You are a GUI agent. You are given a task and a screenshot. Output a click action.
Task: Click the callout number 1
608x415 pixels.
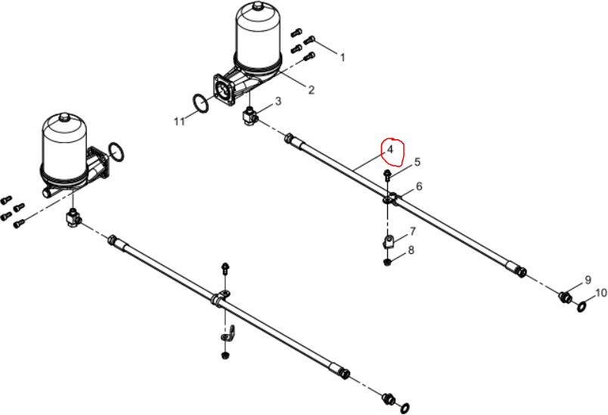pyautogui.click(x=343, y=57)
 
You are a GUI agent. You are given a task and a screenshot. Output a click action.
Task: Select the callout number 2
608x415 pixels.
pyautogui.click(x=311, y=90)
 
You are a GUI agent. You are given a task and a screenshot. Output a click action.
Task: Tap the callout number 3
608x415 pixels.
pyautogui.click(x=278, y=101)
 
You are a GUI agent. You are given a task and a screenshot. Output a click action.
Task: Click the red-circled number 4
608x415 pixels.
pyautogui.click(x=389, y=149)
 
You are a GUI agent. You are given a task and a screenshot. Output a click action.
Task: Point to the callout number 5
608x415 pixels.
pyautogui.click(x=417, y=162)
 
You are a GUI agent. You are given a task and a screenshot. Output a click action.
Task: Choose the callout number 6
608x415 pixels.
pyautogui.click(x=419, y=187)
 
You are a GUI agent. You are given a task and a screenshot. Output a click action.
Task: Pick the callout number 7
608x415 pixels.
pyautogui.click(x=412, y=231)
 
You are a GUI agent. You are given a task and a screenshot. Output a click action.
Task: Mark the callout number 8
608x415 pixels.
pyautogui.click(x=411, y=250)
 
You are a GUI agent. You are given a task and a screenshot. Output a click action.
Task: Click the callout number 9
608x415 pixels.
pyautogui.click(x=588, y=280)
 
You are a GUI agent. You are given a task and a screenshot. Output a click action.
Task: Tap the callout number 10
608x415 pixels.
pyautogui.click(x=600, y=293)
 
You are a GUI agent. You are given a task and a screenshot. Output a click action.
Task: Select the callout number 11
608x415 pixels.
pyautogui.click(x=179, y=122)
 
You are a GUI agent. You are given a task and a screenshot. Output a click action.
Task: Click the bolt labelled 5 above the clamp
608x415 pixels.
pyautogui.click(x=386, y=175)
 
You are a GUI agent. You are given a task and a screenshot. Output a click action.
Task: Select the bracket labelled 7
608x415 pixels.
pyautogui.click(x=389, y=242)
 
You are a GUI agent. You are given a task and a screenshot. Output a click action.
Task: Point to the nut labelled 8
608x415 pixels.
pyautogui.click(x=387, y=263)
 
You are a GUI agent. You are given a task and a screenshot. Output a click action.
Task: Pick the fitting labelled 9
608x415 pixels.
pyautogui.click(x=566, y=298)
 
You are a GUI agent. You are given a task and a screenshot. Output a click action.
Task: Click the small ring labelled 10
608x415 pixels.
pyautogui.click(x=582, y=307)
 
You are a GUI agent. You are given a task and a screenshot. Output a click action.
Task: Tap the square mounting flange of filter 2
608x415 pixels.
pyautogui.click(x=224, y=90)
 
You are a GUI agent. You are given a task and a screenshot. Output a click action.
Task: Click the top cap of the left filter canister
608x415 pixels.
pyautogui.click(x=64, y=116)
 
